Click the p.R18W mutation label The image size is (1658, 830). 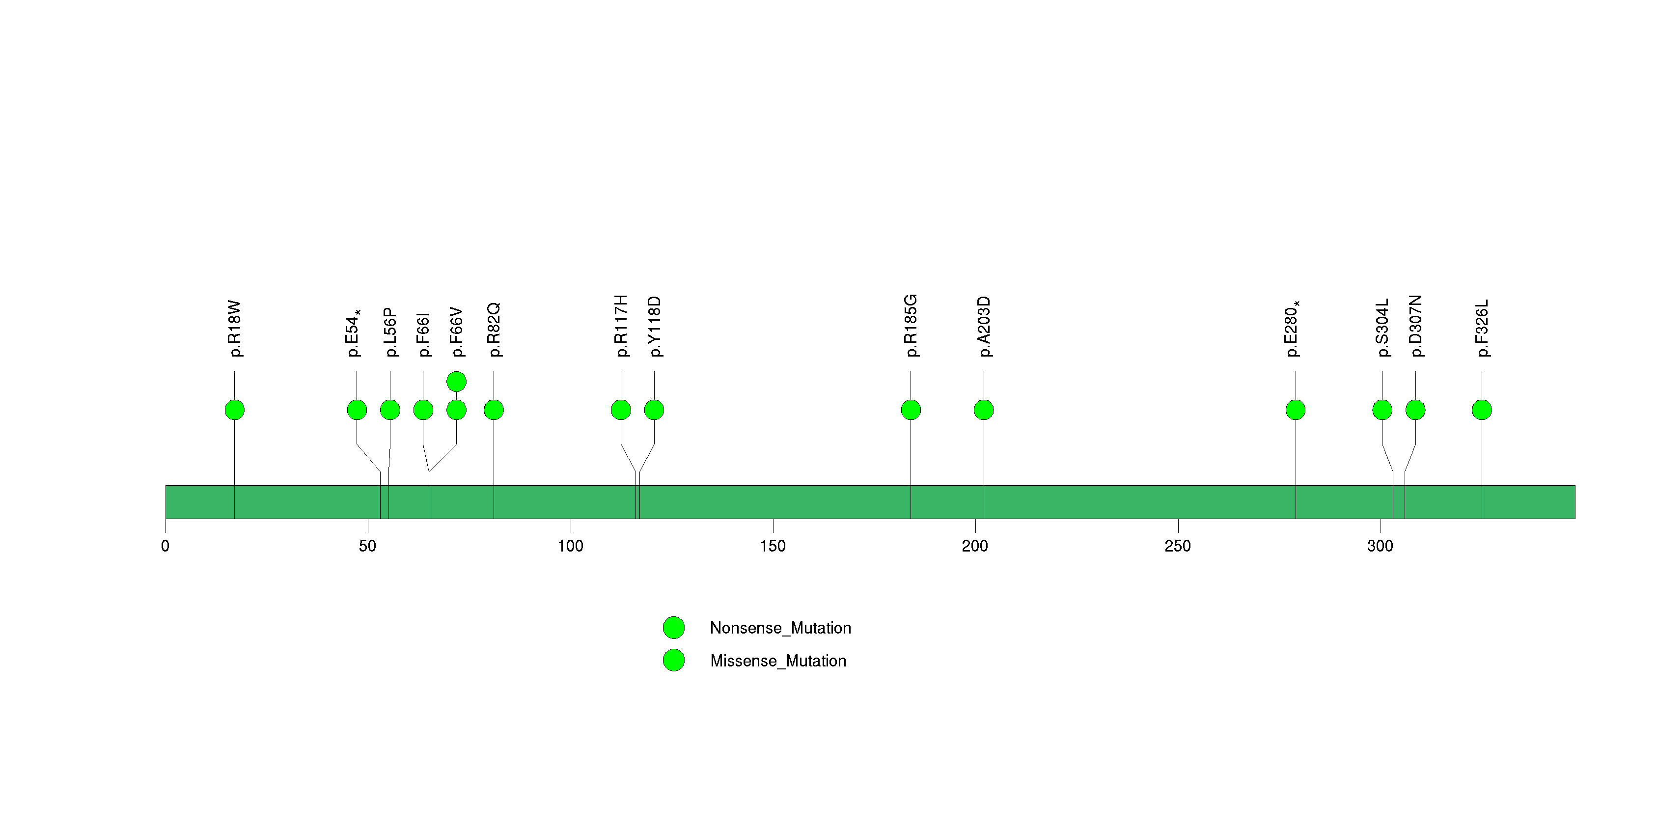pos(235,328)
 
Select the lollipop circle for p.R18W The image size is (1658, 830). pos(234,410)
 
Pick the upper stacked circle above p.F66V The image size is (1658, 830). pos(456,382)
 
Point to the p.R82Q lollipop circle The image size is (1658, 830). pos(494,410)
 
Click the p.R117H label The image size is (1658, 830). pos(620,326)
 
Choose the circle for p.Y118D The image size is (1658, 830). pos(654,410)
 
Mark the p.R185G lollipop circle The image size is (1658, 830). pos(911,410)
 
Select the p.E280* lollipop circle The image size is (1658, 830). pos(1296,410)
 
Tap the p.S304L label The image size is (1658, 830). pos(1382,328)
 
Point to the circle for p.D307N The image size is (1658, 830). pos(1415,410)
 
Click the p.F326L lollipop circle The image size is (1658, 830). pos(1482,410)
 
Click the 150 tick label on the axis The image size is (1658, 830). pos(773,546)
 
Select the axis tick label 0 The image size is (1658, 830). pos(166,546)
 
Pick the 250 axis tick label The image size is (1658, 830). pos(1178,546)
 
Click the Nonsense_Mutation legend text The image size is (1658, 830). pos(780,628)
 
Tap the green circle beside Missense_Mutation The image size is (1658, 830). pos(674,660)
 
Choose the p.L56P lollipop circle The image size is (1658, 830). pos(390,410)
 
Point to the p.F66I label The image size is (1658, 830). pos(423,334)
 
